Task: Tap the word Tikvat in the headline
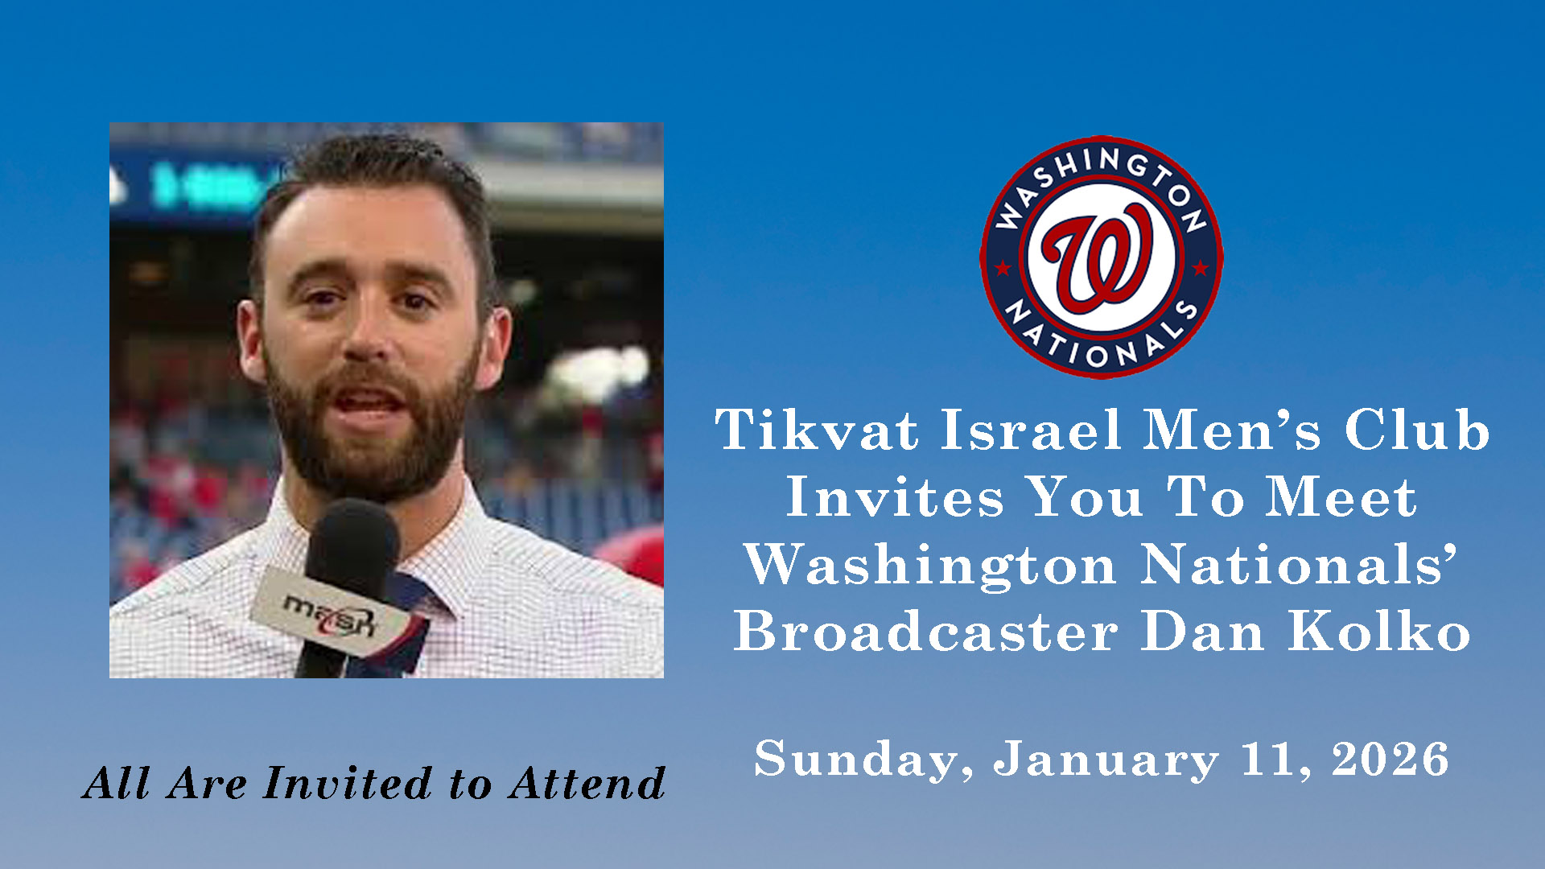(x=817, y=430)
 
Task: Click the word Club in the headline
(x=1417, y=430)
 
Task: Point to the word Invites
(x=895, y=496)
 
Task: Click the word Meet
(x=1341, y=496)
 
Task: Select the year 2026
(x=1390, y=760)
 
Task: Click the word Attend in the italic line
(x=588, y=783)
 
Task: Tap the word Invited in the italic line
(x=348, y=783)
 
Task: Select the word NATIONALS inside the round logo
(x=1102, y=337)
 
